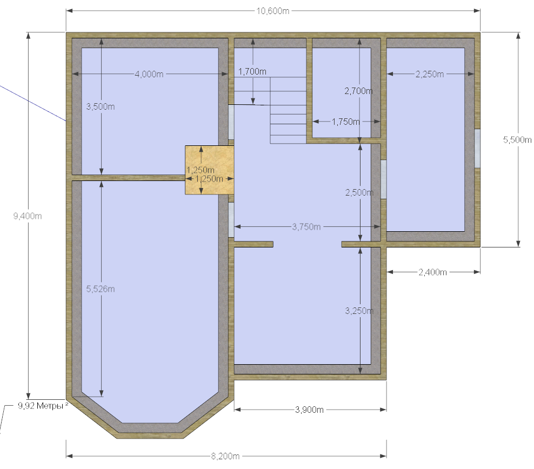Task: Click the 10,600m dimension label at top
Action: pyautogui.click(x=273, y=11)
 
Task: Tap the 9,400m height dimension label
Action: pyautogui.click(x=28, y=216)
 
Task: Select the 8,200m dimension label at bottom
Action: pyautogui.click(x=225, y=456)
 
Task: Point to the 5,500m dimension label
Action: pyautogui.click(x=517, y=139)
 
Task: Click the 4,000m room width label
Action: pyautogui.click(x=149, y=74)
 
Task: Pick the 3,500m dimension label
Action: pyautogui.click(x=101, y=106)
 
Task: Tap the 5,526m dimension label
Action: pyautogui.click(x=101, y=289)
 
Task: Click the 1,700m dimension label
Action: pyautogui.click(x=252, y=71)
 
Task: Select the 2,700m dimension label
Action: pyautogui.click(x=358, y=91)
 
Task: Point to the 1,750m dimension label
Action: pyautogui.click(x=346, y=122)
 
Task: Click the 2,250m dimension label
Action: pyautogui.click(x=430, y=74)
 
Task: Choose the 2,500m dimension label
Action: pyautogui.click(x=359, y=192)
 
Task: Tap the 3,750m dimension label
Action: pyautogui.click(x=306, y=227)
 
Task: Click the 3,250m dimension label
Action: pyautogui.click(x=359, y=311)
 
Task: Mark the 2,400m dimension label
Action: pyautogui.click(x=432, y=272)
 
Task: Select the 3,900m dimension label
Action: pyautogui.click(x=309, y=410)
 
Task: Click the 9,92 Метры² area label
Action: pyautogui.click(x=43, y=406)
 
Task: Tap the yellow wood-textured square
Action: pyautogui.click(x=210, y=170)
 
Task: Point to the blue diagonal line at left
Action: pyautogui.click(x=32, y=103)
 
